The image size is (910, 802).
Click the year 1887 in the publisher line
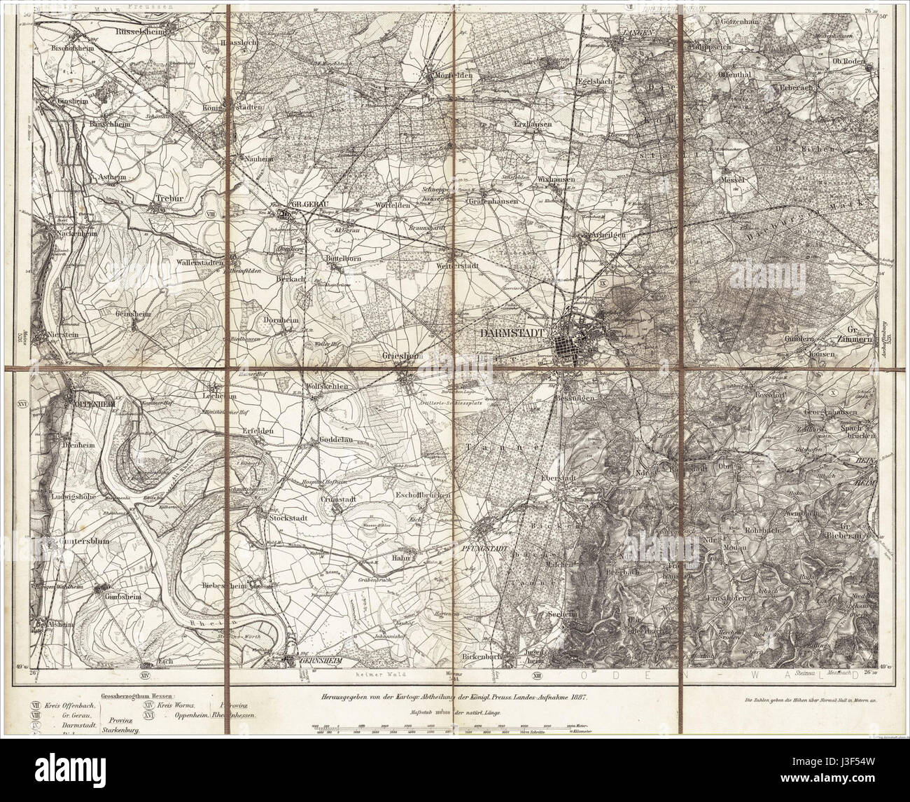575,699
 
